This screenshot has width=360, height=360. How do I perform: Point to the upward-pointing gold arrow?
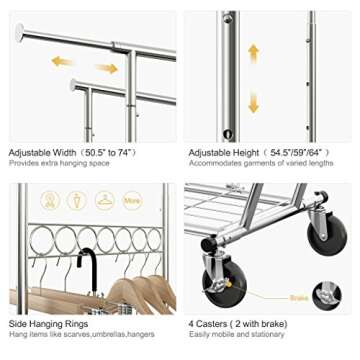point(254,53)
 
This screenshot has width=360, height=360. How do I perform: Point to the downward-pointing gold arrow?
point(254,100)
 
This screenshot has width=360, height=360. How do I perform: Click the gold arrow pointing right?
point(107,69)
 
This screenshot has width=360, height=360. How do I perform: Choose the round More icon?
point(133,200)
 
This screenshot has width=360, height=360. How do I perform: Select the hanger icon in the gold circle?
point(104,200)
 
